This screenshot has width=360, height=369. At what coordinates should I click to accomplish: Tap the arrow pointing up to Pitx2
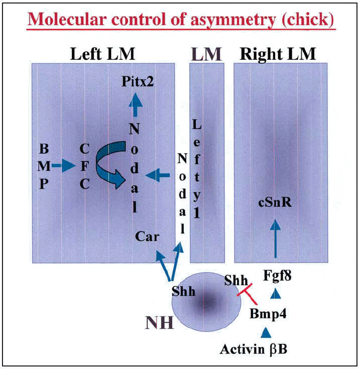click(135, 106)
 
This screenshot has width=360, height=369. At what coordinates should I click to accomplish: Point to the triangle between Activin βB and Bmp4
click(266, 332)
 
